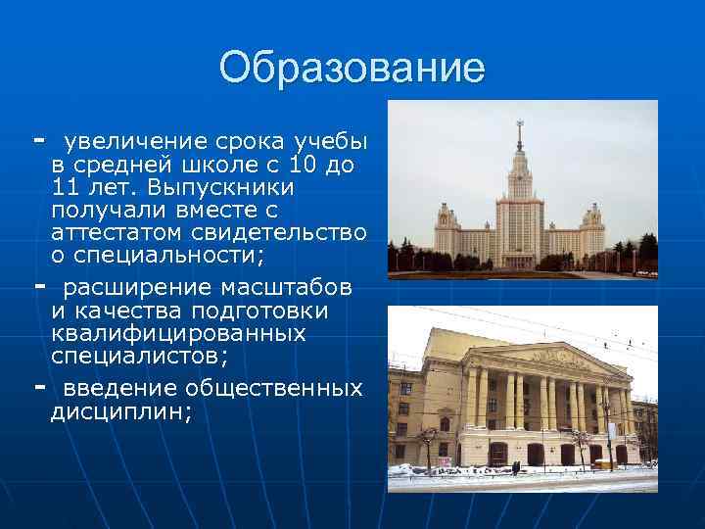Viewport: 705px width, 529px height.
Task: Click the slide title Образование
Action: tap(352, 68)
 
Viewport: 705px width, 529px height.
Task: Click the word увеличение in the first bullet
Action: tap(123, 140)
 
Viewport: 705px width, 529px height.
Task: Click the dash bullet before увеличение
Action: tap(39, 138)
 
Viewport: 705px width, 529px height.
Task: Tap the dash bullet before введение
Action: tap(39, 387)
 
